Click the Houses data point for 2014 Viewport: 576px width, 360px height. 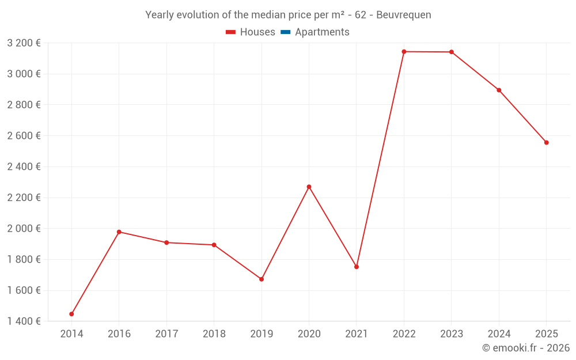(x=71, y=314)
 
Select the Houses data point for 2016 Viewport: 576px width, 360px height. (x=119, y=232)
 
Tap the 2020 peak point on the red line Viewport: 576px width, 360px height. (x=309, y=187)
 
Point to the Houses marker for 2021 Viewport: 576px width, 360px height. (x=357, y=267)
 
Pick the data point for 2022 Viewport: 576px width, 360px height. (x=404, y=52)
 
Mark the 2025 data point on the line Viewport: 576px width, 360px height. (x=546, y=142)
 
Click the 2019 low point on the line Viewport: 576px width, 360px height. (x=262, y=279)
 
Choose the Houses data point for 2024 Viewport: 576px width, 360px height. (x=499, y=90)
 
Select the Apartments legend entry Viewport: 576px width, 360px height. (x=322, y=32)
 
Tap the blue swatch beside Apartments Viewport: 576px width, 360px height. (x=285, y=32)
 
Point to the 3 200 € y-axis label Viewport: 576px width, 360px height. (x=24, y=43)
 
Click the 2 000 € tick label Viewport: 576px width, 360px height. (x=24, y=228)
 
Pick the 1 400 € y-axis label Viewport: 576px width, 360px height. (x=24, y=321)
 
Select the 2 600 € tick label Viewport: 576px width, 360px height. (x=24, y=135)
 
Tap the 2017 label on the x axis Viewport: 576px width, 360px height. (x=166, y=334)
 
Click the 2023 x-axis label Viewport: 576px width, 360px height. (x=451, y=334)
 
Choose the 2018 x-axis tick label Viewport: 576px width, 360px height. (x=214, y=334)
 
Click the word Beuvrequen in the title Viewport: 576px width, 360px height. (x=404, y=15)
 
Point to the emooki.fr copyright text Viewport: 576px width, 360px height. (x=526, y=348)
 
